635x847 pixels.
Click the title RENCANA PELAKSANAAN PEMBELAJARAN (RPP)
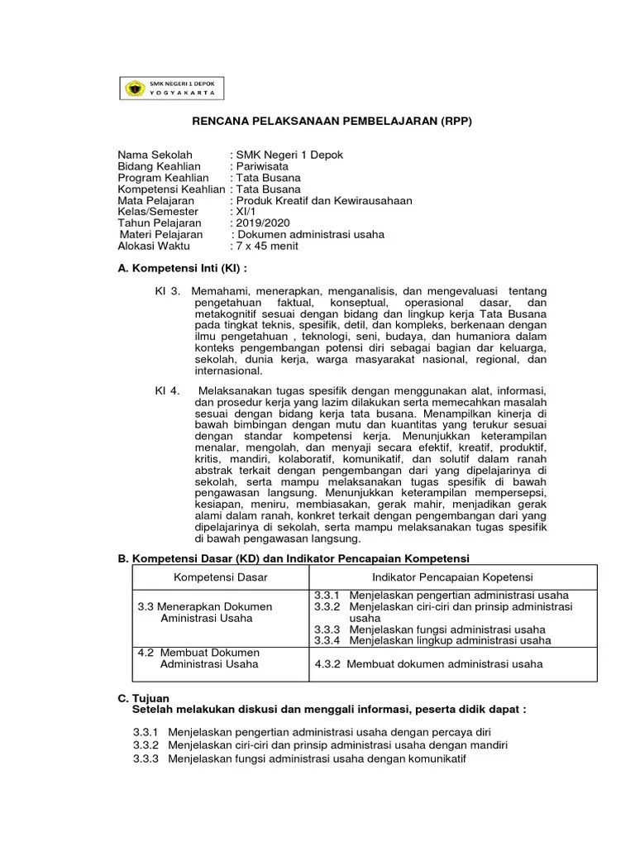point(332,121)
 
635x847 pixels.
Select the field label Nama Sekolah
point(155,155)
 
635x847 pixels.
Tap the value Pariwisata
point(262,166)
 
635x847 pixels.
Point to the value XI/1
point(246,212)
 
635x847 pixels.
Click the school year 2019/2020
point(262,223)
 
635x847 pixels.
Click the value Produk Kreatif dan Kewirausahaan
point(323,200)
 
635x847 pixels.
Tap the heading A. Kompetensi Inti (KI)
point(182,270)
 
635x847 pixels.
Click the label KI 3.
point(167,292)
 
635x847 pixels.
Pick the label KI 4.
point(167,390)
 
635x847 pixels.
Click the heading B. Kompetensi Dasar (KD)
point(294,559)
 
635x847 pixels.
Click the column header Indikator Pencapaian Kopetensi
point(452,576)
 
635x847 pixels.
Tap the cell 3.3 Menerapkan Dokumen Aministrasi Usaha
point(204,612)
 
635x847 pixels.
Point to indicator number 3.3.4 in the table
point(328,640)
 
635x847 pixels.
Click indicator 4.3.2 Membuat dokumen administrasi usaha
point(430,663)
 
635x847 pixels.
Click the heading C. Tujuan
point(144,699)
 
